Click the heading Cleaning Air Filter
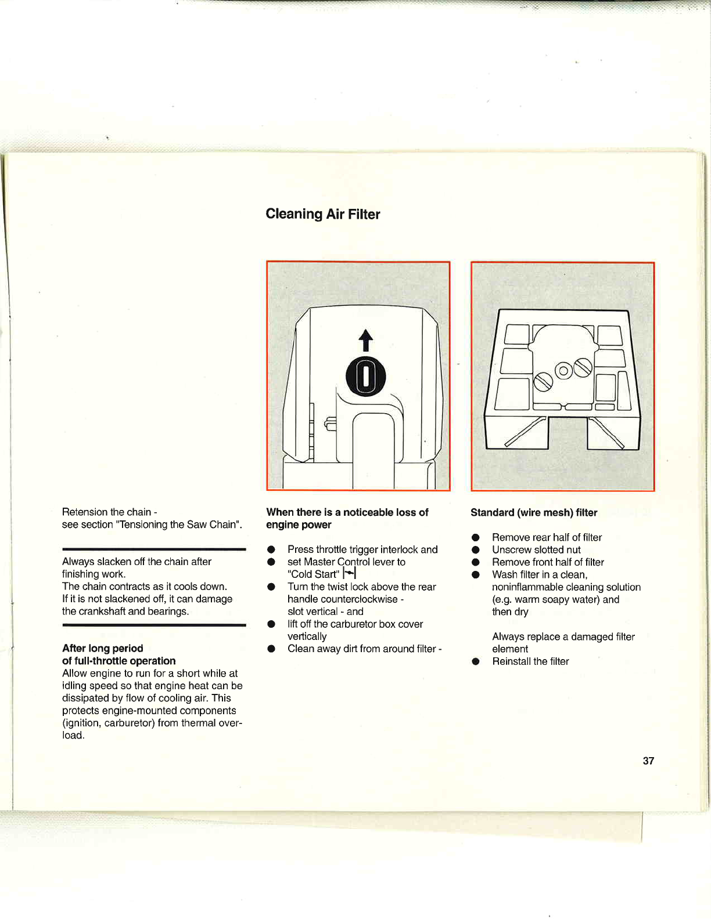pyautogui.click(x=322, y=214)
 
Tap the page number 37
pyautogui.click(x=648, y=761)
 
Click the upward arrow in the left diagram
pyautogui.click(x=365, y=341)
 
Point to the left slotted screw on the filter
pyautogui.click(x=543, y=382)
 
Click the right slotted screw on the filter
pyautogui.click(x=583, y=367)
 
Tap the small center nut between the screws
pyautogui.click(x=563, y=371)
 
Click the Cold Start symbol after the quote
pyautogui.click(x=349, y=574)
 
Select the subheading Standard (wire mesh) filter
pyautogui.click(x=533, y=512)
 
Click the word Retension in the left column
pyautogui.click(x=84, y=512)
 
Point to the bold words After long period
pyautogui.click(x=102, y=648)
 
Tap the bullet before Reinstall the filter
pyautogui.click(x=475, y=661)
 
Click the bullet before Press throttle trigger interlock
pyautogui.click(x=271, y=549)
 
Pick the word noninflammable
pyautogui.click(x=527, y=587)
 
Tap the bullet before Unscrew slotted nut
pyautogui.click(x=475, y=550)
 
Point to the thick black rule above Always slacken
pyautogui.click(x=154, y=548)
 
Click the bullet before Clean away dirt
pyautogui.click(x=271, y=649)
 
